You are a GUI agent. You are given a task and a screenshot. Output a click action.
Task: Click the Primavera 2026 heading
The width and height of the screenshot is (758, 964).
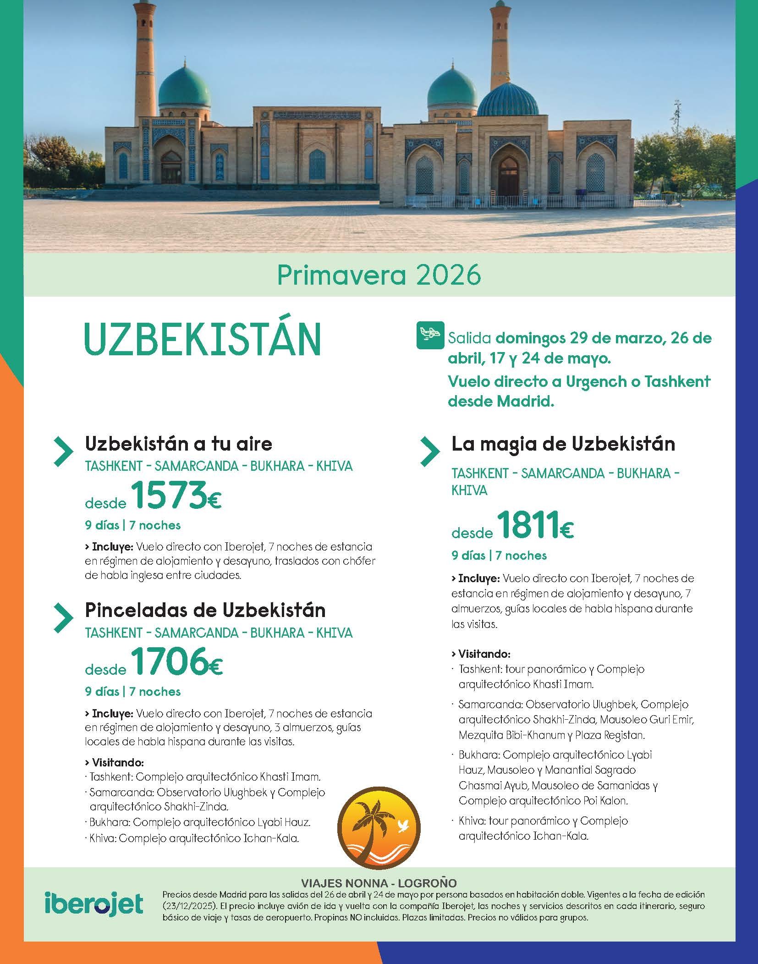[379, 275]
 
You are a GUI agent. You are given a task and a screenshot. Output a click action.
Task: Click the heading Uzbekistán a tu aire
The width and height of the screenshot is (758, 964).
[179, 443]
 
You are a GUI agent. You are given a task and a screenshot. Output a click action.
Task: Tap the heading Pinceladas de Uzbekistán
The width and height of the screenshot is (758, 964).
[205, 610]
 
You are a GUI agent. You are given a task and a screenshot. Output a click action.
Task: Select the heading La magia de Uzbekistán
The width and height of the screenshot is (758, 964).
[563, 444]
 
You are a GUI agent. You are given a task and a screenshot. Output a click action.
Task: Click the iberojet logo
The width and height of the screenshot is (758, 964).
[94, 904]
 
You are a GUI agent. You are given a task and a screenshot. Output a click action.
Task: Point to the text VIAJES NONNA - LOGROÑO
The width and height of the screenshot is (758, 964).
[379, 883]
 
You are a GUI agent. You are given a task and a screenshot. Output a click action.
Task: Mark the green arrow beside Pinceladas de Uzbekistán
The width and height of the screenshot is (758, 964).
[63, 617]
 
